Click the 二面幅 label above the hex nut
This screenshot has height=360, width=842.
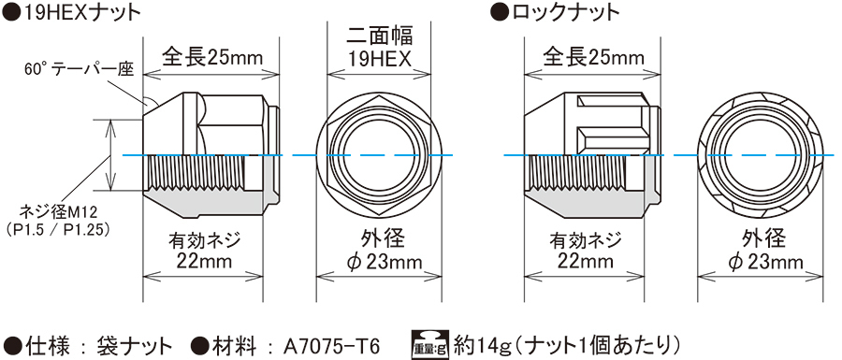click(379, 37)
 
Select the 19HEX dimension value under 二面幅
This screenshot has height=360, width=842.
click(379, 58)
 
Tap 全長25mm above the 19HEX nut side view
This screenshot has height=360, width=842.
click(212, 57)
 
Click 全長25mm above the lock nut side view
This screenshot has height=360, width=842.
click(593, 57)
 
